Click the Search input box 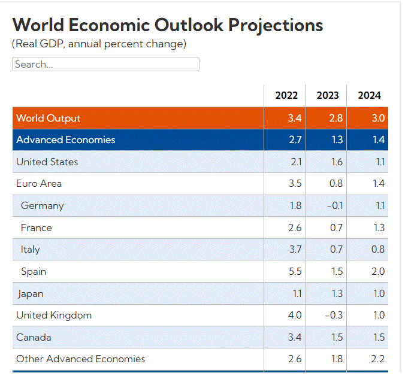click(105, 64)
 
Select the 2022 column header click(286, 95)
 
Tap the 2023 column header click(328, 95)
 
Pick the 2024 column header click(369, 95)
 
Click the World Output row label click(48, 118)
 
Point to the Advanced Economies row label click(65, 140)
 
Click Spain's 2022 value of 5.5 click(295, 271)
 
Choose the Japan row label click(30, 293)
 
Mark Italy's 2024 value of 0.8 click(378, 249)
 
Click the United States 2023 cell click(336, 162)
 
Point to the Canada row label click(34, 337)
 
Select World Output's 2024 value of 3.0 click(378, 118)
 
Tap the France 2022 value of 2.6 click(295, 228)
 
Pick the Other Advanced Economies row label click(80, 359)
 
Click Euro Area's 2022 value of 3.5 click(295, 183)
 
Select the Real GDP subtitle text click(99, 44)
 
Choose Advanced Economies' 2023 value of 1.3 click(337, 140)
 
